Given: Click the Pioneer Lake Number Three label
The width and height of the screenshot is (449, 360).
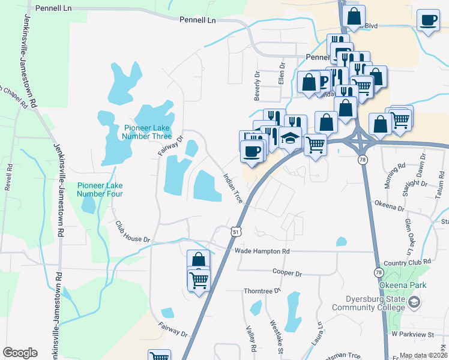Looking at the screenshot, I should point(147,131).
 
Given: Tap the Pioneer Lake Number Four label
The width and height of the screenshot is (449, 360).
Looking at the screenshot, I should point(100,190).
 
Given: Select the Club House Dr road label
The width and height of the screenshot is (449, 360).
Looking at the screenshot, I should point(132,230).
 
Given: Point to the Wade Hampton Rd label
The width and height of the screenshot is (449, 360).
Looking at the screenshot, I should point(262,251).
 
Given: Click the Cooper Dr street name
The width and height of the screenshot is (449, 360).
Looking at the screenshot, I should point(286,272).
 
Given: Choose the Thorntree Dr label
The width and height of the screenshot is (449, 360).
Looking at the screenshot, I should point(262,291).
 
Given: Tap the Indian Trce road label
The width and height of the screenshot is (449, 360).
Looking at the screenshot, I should point(232,188).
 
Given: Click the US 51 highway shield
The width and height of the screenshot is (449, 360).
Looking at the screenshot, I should point(236,231).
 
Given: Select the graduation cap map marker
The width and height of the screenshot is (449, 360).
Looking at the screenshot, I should point(290,138).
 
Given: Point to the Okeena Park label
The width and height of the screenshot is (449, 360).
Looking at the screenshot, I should point(406,285).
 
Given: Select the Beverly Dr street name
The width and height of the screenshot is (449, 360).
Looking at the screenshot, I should point(257,86).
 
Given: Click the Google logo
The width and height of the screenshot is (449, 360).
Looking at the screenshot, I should point(20,353).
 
